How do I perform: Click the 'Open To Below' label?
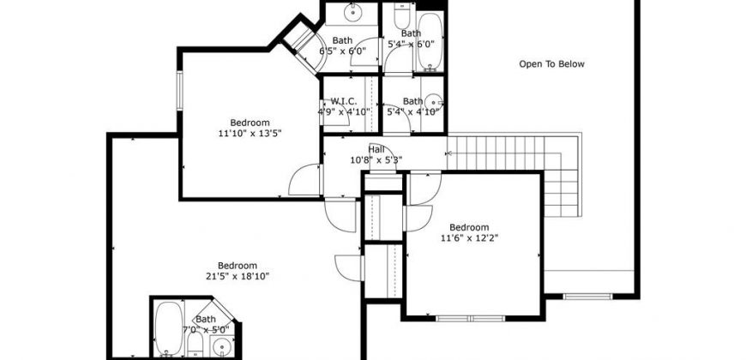[x=551, y=64]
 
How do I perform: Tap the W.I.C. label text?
[x=344, y=101]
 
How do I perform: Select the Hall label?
[x=376, y=150]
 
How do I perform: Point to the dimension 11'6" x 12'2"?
[x=470, y=237]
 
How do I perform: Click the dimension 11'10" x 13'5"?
[x=250, y=133]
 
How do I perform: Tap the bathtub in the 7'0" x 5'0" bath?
[x=168, y=328]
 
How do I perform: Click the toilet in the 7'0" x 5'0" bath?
[x=195, y=345]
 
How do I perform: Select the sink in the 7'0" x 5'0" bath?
[x=222, y=346]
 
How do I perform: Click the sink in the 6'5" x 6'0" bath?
[x=352, y=13]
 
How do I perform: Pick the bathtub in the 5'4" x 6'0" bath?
[x=430, y=42]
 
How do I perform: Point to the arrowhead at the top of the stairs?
[x=448, y=153]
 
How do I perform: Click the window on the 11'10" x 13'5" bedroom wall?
[x=180, y=90]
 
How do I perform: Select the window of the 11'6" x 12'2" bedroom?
[x=471, y=318]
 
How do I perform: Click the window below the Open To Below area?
[x=587, y=297]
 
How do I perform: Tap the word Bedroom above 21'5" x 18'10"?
[x=238, y=266]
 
